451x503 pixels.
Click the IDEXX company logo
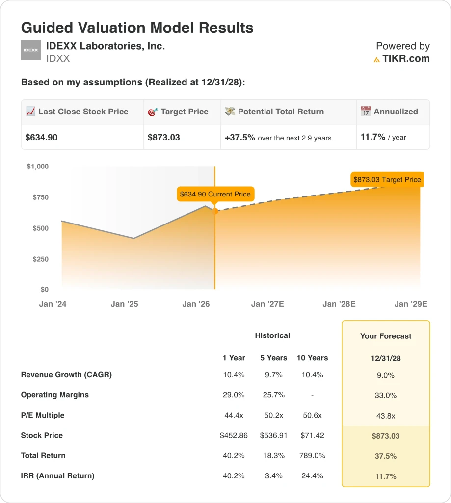[30, 50]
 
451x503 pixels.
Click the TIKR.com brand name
[406, 59]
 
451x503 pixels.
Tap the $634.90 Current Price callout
[215, 194]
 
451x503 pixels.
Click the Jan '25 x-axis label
[125, 304]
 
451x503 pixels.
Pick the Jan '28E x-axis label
[339, 304]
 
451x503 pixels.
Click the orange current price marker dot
[215, 211]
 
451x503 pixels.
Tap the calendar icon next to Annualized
[366, 112]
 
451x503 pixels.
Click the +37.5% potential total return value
[240, 138]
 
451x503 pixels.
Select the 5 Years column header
[273, 358]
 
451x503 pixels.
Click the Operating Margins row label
[55, 395]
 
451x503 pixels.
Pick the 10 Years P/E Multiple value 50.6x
[312, 415]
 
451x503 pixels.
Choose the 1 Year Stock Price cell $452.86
[234, 435]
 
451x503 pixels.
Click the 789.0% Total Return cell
[312, 455]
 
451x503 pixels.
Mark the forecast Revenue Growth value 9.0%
[386, 375]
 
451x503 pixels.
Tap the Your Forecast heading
[386, 336]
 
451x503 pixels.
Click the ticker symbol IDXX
[58, 58]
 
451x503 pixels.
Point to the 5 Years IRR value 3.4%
[273, 475]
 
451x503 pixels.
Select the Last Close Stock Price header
[83, 112]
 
